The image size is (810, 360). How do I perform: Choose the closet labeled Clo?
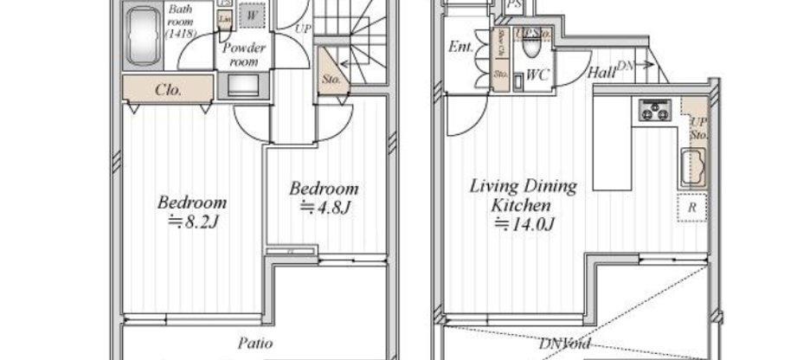(167, 89)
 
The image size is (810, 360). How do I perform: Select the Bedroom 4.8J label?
(324, 197)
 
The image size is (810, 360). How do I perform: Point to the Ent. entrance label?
(460, 48)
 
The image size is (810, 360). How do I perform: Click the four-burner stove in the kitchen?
(656, 110)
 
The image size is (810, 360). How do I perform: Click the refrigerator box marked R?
(694, 208)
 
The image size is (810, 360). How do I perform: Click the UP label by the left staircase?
(303, 29)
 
